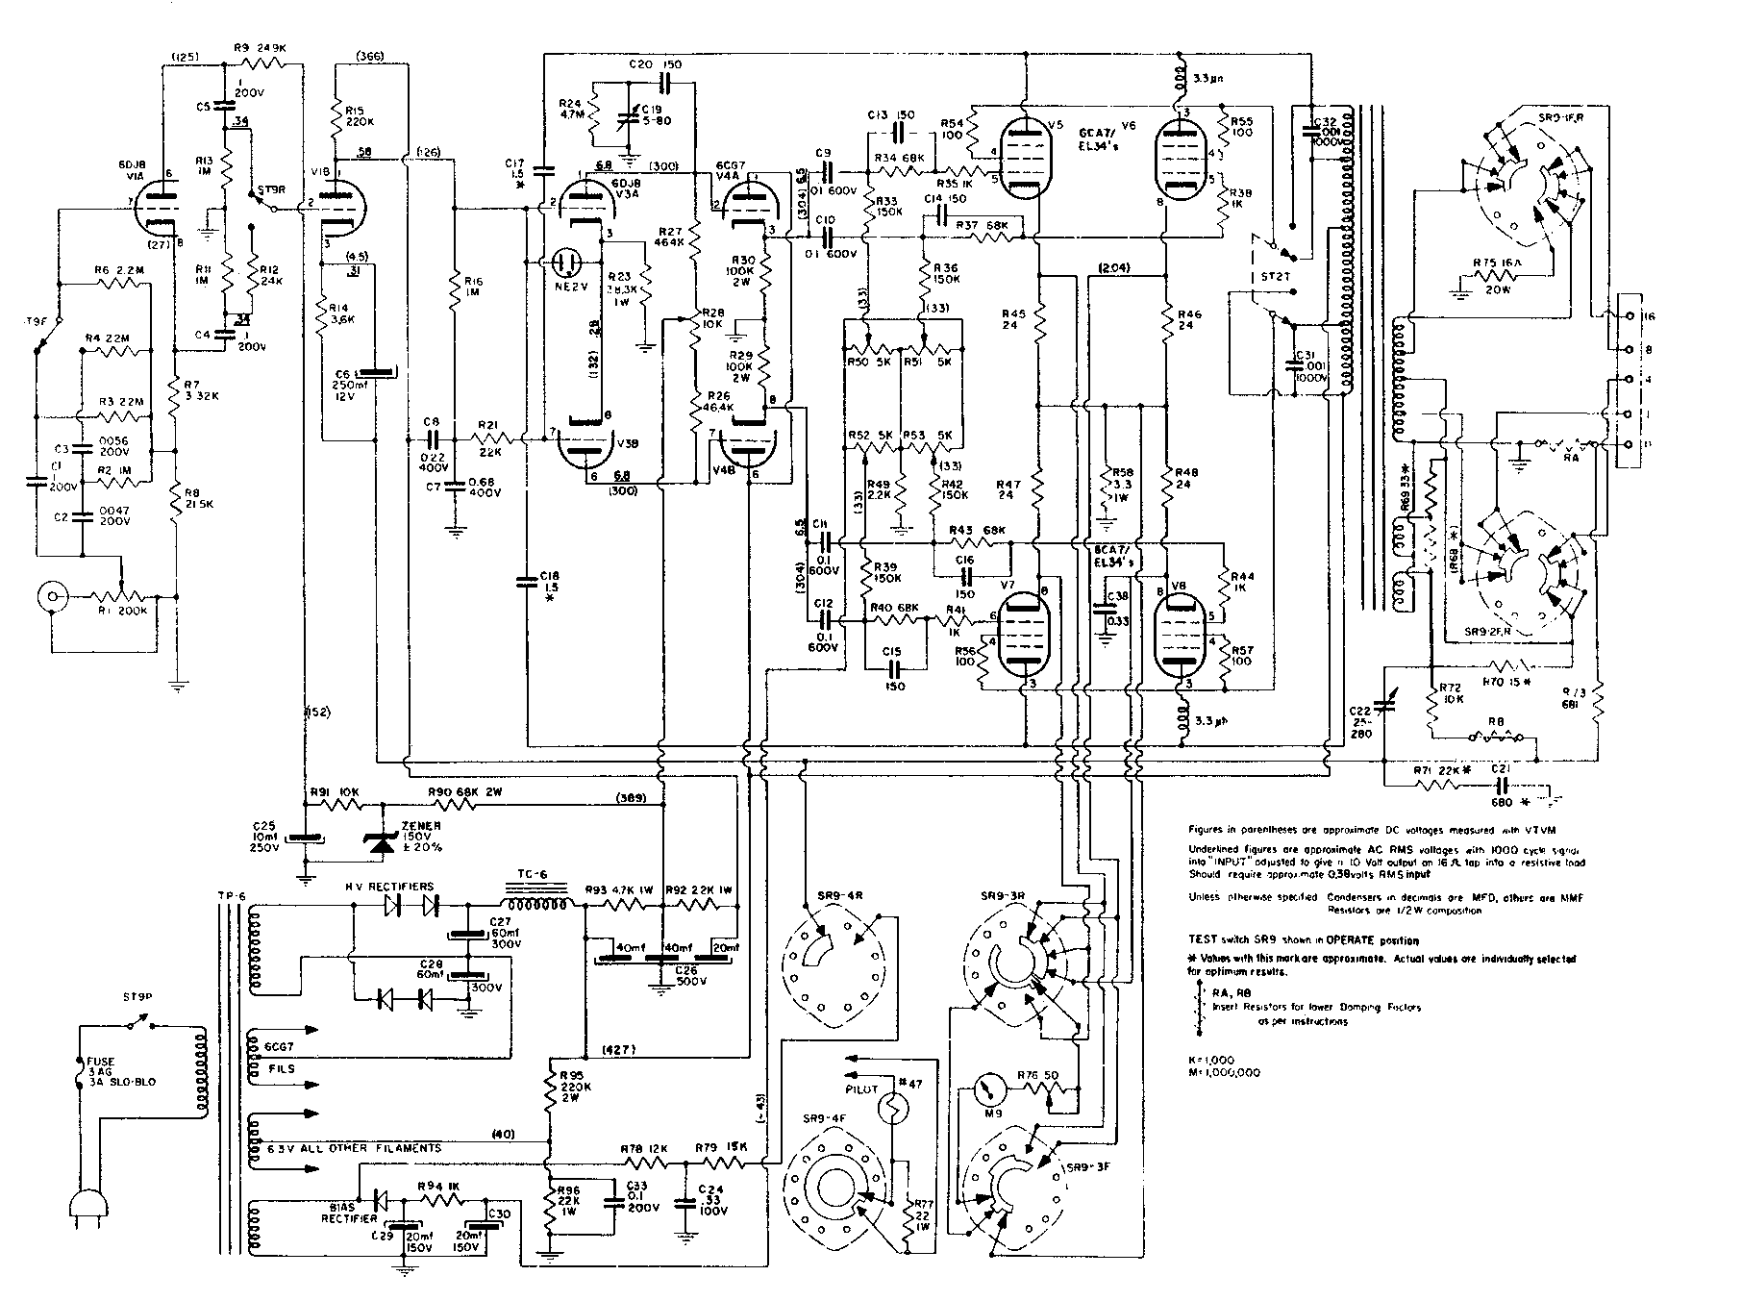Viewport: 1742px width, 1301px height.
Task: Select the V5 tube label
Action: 1057,125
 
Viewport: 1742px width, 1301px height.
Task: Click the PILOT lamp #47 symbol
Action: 891,1112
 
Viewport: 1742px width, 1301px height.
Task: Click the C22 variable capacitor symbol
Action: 1383,708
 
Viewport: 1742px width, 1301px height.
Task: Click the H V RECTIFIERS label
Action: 389,886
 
